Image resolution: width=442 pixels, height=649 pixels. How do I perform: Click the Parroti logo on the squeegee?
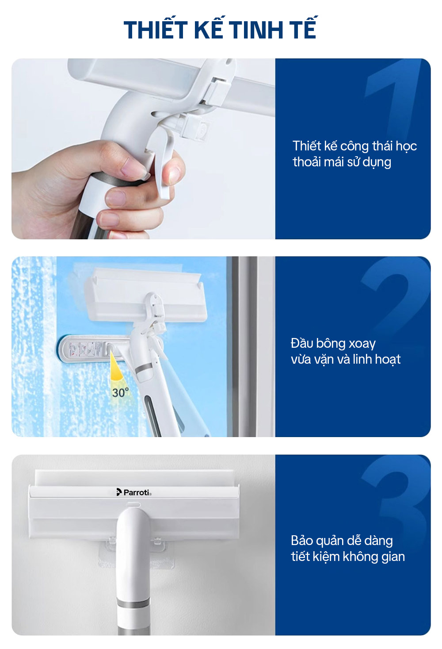click(x=134, y=492)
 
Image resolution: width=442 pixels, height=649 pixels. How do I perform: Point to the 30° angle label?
click(x=120, y=392)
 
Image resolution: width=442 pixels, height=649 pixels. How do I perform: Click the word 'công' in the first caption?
click(x=354, y=146)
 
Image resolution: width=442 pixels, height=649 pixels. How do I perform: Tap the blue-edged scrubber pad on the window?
click(x=93, y=349)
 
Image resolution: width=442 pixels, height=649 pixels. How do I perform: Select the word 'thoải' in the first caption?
click(x=307, y=161)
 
